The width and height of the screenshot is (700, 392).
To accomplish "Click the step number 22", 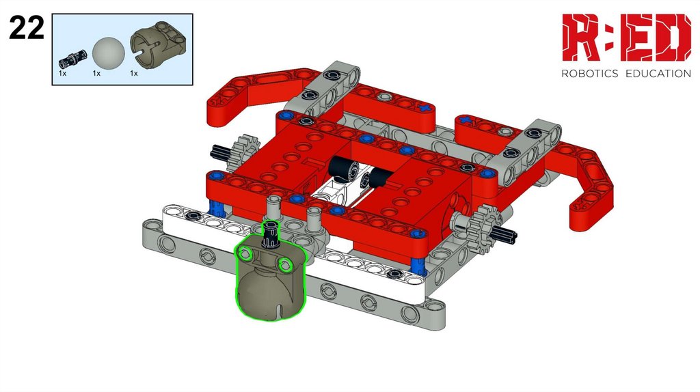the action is coord(27,27).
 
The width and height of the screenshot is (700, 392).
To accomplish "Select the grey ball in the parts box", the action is coord(108,53).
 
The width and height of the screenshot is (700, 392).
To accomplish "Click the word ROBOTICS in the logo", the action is coord(589,74).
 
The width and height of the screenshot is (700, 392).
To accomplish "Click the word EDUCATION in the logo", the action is coord(658,74).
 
